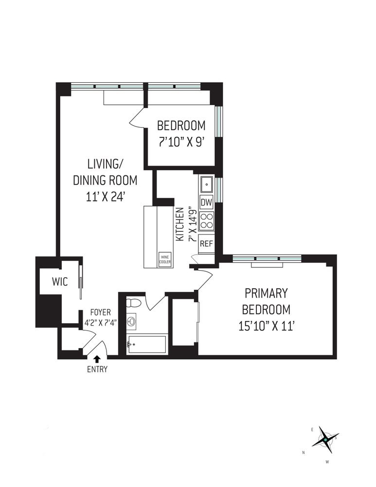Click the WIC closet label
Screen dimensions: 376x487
pyautogui.click(x=60, y=282)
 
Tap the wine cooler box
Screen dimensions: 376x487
pyautogui.click(x=165, y=260)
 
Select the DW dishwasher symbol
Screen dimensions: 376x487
pyautogui.click(x=206, y=203)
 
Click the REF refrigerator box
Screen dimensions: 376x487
pyautogui.click(x=206, y=244)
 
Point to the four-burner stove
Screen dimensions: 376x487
pyautogui.click(x=206, y=221)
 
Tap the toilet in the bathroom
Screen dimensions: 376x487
pyautogui.click(x=134, y=303)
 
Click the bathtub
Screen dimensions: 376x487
pyautogui.click(x=146, y=344)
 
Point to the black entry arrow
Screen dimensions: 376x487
pyautogui.click(x=97, y=359)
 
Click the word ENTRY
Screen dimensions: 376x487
pyautogui.click(x=97, y=369)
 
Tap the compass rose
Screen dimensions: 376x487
pyautogui.click(x=325, y=440)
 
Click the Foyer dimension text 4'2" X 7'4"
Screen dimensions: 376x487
pyautogui.click(x=101, y=322)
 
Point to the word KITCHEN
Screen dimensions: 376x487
pyautogui.click(x=180, y=224)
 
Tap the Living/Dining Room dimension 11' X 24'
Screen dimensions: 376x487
pyautogui.click(x=106, y=196)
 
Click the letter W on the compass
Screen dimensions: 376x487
pyautogui.click(x=327, y=462)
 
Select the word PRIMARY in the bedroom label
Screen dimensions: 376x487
pyautogui.click(x=266, y=293)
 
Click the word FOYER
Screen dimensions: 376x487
pyautogui.click(x=101, y=313)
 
